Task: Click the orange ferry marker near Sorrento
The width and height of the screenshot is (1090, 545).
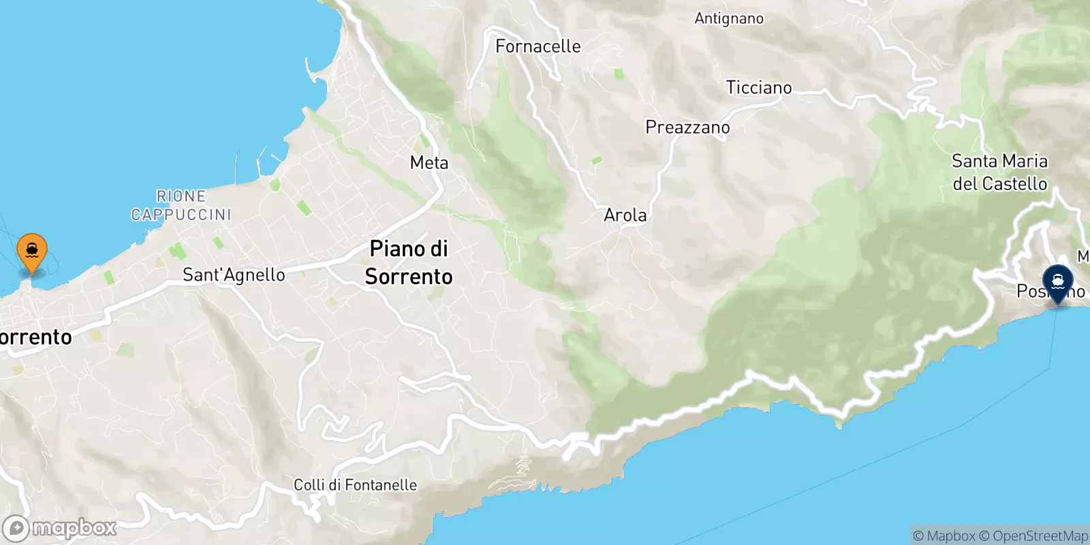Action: [32, 251]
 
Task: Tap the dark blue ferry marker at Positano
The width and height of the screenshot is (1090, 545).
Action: [1057, 283]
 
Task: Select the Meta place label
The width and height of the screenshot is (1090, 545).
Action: [429, 163]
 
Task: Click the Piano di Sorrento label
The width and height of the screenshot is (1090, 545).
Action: [409, 262]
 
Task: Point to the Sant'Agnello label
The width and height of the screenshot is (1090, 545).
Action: [234, 275]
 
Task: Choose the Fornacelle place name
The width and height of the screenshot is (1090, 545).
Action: [538, 46]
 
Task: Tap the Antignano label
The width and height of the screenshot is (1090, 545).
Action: [729, 18]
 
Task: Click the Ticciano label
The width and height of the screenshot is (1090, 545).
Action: [759, 88]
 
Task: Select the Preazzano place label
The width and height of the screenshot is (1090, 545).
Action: [687, 127]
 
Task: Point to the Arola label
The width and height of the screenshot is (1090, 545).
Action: [625, 215]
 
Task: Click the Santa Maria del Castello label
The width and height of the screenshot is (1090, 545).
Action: [999, 172]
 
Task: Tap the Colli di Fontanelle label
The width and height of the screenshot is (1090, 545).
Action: [355, 485]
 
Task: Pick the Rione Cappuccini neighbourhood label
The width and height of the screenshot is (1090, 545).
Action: [181, 205]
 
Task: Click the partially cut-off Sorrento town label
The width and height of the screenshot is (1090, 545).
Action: [35, 337]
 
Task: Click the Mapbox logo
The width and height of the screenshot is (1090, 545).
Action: [60, 528]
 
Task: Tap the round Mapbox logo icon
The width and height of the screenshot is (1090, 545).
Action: [16, 529]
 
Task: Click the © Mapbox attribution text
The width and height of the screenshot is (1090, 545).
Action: [944, 536]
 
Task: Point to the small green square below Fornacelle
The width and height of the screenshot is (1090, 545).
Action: [619, 74]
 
